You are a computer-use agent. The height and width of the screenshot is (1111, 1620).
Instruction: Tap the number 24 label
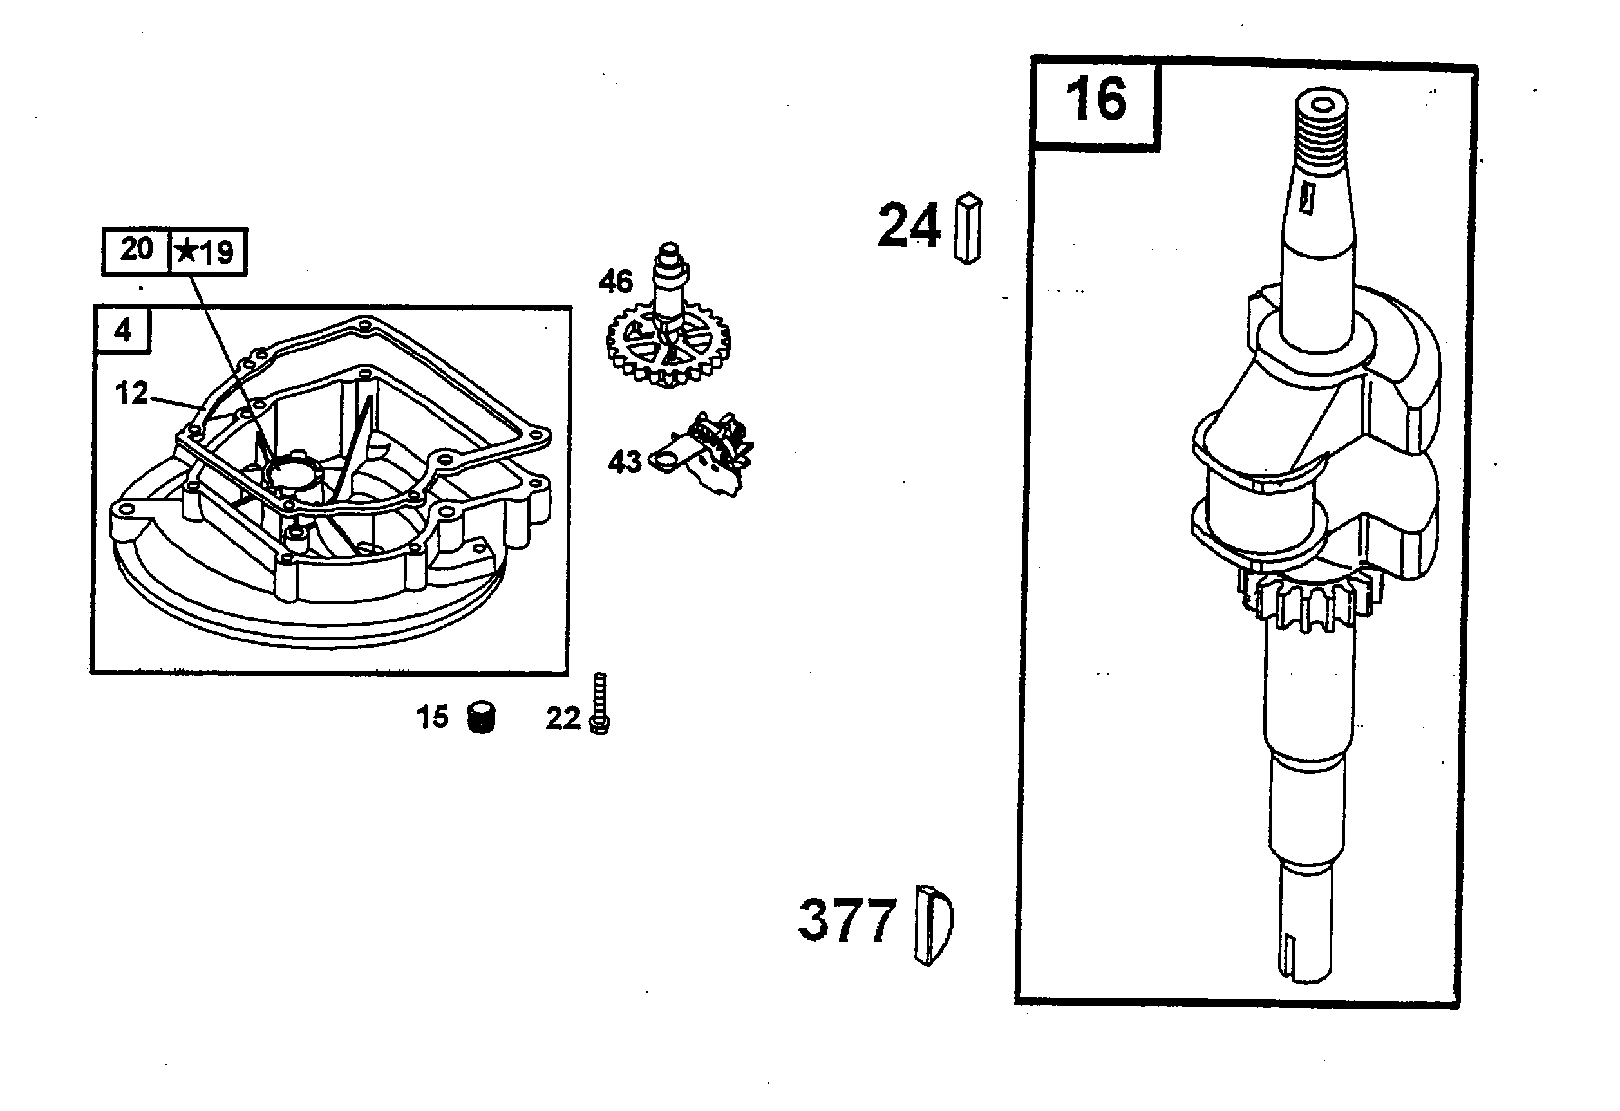(909, 225)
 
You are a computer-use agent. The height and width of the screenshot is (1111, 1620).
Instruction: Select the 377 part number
(846, 920)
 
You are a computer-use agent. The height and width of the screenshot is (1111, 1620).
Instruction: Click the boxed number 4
(123, 330)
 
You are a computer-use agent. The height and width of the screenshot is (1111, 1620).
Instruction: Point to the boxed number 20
(137, 250)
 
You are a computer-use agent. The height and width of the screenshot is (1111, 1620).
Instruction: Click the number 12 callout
(131, 394)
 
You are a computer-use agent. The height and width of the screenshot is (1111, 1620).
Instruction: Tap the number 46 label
(616, 281)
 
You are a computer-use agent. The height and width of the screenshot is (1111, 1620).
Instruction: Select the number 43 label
(625, 462)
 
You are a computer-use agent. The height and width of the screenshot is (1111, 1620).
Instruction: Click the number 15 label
(432, 717)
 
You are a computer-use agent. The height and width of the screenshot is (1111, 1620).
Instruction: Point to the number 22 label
(563, 718)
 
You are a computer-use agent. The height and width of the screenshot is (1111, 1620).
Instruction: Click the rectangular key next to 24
(968, 228)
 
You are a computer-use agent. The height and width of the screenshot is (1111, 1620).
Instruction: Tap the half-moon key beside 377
(933, 925)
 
